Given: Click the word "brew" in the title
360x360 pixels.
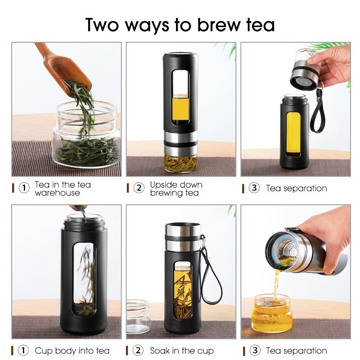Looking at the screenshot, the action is [x=218, y=25].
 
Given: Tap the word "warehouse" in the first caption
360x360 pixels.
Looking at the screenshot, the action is [x=58, y=193].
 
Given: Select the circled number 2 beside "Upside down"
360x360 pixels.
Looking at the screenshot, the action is [x=139, y=188].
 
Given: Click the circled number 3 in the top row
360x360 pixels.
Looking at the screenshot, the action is [x=254, y=188].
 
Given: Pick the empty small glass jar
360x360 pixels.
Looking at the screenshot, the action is [x=139, y=316].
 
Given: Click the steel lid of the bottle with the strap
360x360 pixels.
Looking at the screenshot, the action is [x=183, y=237].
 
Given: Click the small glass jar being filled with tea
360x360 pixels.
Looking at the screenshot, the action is [x=272, y=314].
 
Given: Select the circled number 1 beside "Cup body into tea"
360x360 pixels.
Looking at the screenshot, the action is [x=23, y=351].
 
